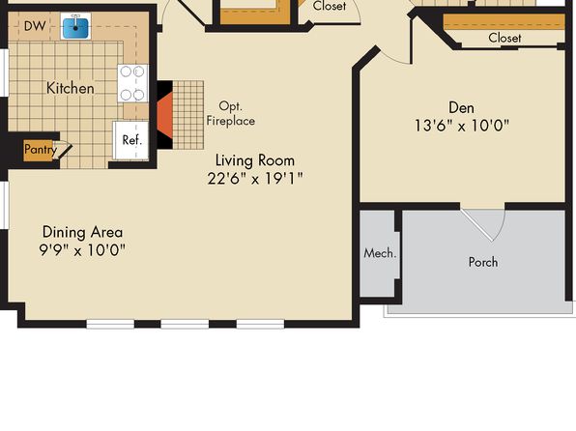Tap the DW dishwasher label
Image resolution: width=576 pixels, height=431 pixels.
click(x=35, y=26)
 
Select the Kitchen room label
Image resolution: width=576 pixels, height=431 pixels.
click(x=71, y=89)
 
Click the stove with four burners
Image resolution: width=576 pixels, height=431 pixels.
click(x=132, y=83)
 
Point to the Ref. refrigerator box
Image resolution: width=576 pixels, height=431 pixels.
click(x=131, y=140)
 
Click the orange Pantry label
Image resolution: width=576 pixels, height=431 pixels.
click(x=41, y=150)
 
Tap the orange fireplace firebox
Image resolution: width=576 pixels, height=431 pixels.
click(x=165, y=115)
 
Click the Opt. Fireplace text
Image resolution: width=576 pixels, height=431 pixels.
click(x=231, y=113)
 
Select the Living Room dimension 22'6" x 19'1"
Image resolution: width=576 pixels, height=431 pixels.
click(x=255, y=179)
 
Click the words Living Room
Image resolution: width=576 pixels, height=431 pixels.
click(x=255, y=160)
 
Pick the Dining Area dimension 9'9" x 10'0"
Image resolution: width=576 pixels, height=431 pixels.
click(x=82, y=250)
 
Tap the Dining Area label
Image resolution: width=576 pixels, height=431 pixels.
click(x=83, y=232)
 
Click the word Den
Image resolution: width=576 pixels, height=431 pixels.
click(x=461, y=107)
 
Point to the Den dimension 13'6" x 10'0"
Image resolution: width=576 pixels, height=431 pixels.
click(x=462, y=126)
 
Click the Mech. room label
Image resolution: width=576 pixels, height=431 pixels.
click(x=380, y=253)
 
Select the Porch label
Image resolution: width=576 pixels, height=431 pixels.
click(x=483, y=262)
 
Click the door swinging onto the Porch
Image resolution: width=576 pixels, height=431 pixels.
click(x=483, y=225)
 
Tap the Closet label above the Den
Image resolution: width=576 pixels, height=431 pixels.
click(x=504, y=38)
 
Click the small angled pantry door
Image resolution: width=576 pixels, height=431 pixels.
click(x=63, y=151)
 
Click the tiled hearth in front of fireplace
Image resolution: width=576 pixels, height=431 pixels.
click(x=188, y=115)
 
